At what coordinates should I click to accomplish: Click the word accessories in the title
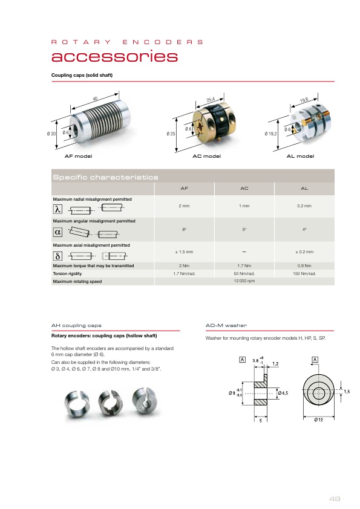[115, 56]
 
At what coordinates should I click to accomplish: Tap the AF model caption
[78, 156]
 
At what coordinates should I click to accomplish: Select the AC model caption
[207, 156]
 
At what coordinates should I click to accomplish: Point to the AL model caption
[300, 156]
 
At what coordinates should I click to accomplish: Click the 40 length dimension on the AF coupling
[95, 99]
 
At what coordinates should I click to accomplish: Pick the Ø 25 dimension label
[171, 134]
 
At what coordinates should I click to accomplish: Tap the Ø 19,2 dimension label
[270, 134]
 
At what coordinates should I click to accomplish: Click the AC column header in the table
[244, 188]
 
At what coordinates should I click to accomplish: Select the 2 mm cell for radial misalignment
[184, 206]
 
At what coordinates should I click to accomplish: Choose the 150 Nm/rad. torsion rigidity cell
[304, 274]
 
